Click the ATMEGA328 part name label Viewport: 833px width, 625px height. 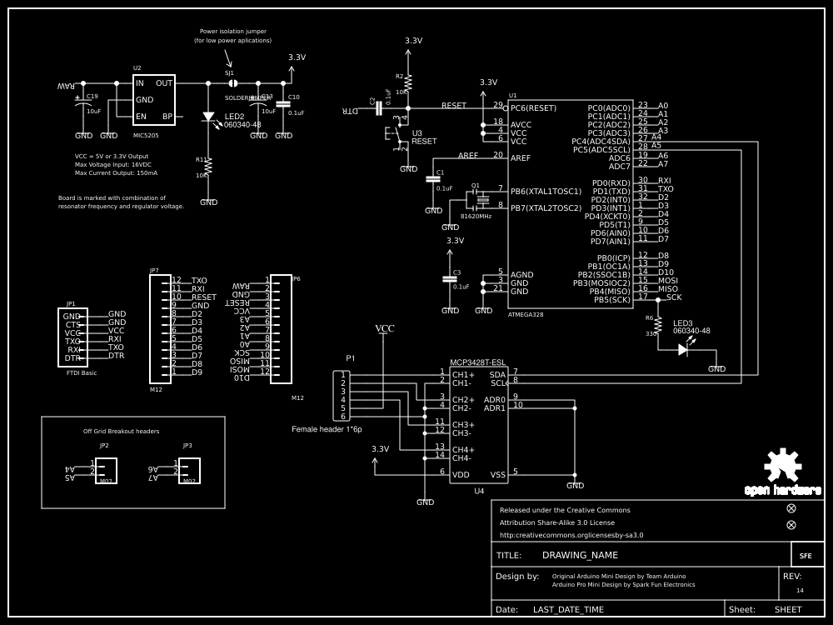coord(526,315)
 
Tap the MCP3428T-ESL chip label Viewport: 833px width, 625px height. coord(477,362)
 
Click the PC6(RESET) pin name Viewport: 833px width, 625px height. coord(533,107)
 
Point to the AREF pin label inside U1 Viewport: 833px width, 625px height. coord(521,157)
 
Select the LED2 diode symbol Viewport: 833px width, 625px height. coord(208,117)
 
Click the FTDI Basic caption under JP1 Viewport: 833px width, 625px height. coord(81,372)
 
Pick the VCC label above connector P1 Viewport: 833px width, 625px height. coord(385,328)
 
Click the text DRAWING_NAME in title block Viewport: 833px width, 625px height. coord(580,555)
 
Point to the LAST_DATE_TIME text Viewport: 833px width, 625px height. coord(568,609)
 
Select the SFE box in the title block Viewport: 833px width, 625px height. coord(806,555)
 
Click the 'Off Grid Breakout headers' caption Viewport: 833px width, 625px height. coord(121,431)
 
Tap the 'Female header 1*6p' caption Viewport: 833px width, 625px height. coord(327,428)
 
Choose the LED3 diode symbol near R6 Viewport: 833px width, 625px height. coord(683,350)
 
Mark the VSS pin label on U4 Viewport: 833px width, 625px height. coord(497,475)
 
